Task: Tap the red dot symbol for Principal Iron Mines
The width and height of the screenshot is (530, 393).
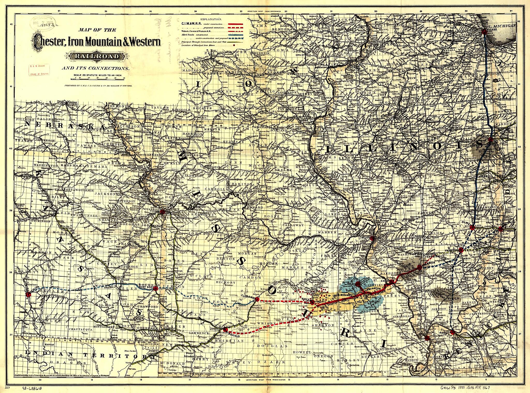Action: [235, 45]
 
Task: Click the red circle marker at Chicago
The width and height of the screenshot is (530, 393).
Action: [485, 32]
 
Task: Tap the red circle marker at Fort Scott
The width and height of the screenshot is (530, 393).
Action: [155, 288]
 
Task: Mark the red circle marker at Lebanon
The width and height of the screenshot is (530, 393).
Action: [257, 299]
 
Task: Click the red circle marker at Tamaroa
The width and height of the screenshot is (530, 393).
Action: [419, 268]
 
